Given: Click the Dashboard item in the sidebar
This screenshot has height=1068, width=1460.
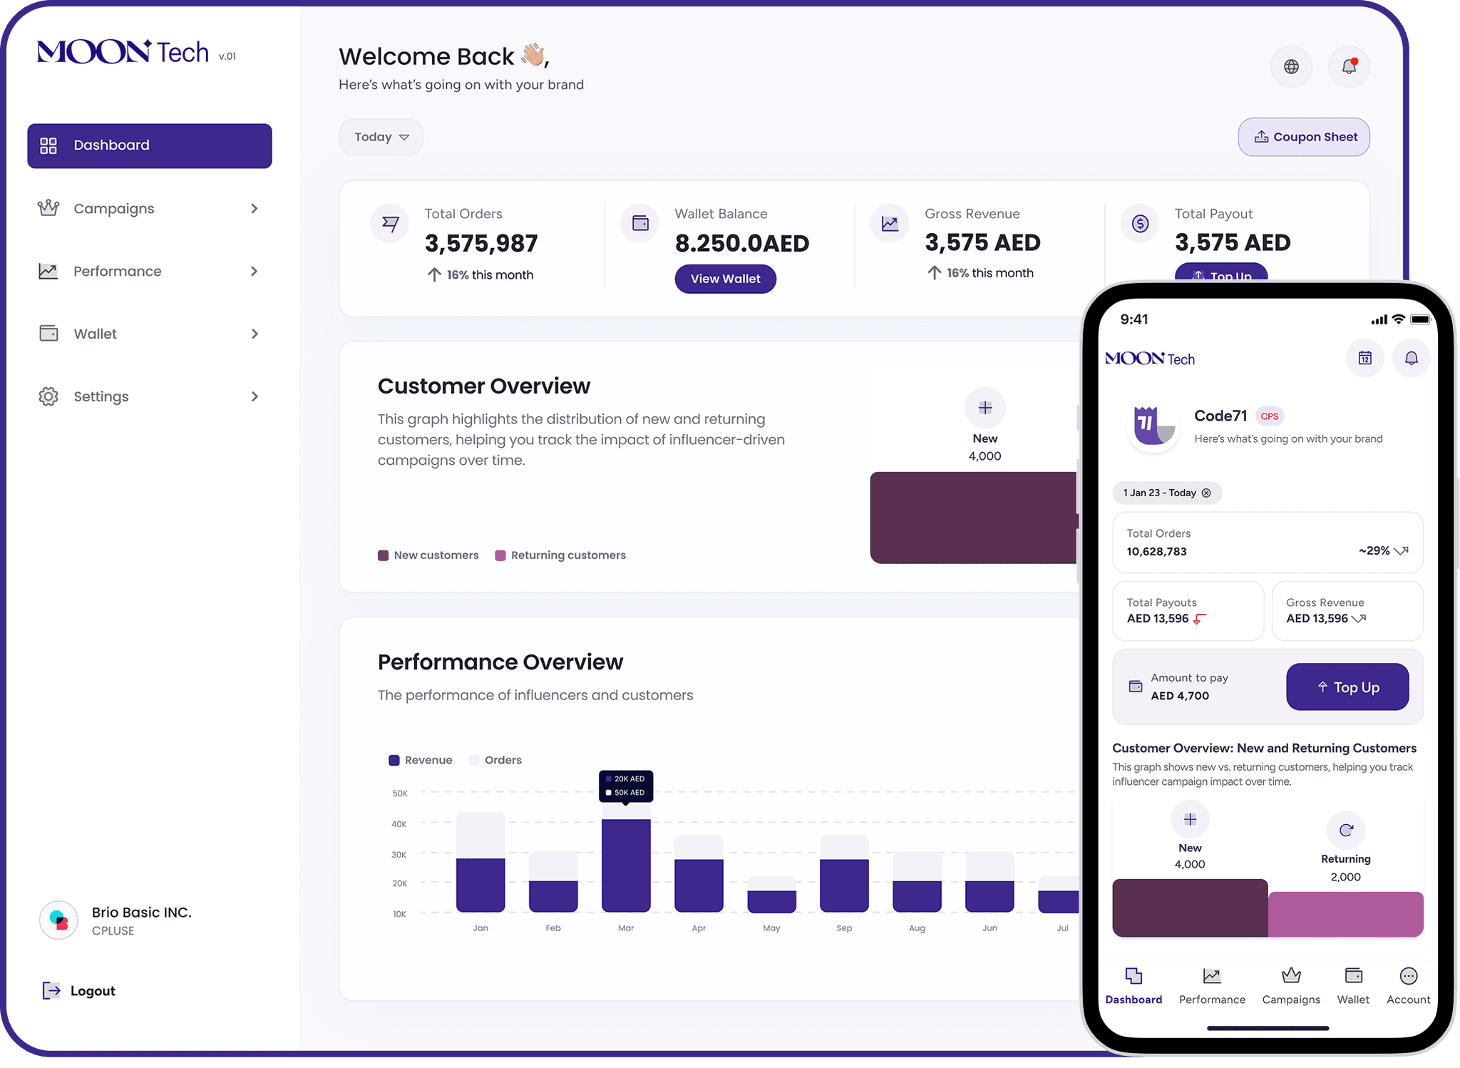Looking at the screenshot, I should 149,145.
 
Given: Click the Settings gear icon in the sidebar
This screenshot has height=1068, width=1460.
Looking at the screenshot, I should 48,396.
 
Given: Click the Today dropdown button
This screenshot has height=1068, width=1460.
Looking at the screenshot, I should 381,137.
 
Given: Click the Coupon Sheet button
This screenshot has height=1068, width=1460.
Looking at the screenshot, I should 1303,137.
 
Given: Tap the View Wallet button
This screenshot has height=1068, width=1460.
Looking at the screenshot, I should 725,279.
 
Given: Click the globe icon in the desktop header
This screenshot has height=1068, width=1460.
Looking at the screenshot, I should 1291,67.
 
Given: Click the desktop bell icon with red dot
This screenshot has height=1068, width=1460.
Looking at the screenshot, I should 1348,67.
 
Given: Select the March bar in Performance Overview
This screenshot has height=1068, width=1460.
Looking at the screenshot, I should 626,864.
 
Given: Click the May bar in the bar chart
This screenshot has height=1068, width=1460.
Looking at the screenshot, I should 771,900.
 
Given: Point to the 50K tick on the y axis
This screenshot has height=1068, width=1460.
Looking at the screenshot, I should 399,793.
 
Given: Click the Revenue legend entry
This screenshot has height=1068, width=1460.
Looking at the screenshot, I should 421,760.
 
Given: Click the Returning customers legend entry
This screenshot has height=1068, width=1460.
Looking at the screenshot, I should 560,555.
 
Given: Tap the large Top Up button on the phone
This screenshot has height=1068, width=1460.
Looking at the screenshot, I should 1347,687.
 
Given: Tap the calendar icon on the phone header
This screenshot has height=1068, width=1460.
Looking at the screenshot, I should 1364,358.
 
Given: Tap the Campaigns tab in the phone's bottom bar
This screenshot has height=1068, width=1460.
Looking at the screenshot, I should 1290,985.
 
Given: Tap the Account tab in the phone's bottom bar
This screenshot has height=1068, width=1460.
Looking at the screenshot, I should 1408,985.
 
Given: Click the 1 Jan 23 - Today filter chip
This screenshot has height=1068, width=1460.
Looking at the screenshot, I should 1166,493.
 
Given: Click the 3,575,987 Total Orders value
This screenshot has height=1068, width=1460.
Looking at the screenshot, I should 481,244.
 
